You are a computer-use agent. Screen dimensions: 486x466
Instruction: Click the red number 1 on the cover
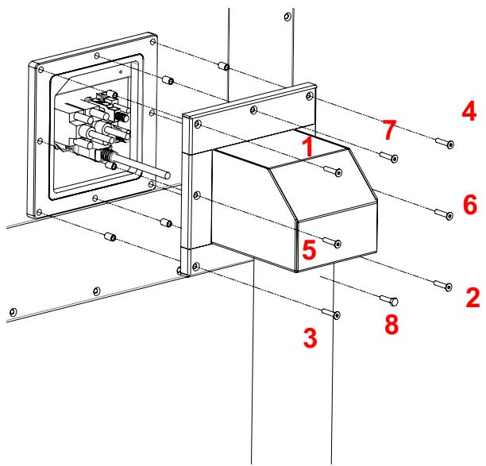click(308, 146)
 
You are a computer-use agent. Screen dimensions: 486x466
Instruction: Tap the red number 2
click(473, 298)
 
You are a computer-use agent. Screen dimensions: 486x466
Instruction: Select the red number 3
click(310, 337)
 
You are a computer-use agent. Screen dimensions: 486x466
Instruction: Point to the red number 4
click(469, 111)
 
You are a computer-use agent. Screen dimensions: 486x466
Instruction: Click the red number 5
click(309, 249)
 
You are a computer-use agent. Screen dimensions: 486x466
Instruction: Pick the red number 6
click(470, 205)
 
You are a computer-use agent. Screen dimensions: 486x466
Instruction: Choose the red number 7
click(389, 130)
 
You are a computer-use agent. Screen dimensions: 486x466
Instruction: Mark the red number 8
click(391, 325)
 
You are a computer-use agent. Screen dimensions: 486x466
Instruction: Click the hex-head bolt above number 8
click(389, 300)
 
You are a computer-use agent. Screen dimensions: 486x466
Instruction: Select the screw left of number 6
click(444, 214)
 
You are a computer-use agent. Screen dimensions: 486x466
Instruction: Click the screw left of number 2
click(443, 285)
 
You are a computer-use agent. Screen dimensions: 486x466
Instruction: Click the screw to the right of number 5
click(332, 241)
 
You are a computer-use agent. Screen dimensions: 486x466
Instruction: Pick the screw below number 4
click(445, 143)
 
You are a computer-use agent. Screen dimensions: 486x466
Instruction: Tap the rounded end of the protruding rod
click(167, 175)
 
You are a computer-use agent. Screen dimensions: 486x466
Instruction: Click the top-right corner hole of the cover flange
click(309, 96)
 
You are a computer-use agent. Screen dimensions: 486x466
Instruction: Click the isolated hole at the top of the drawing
click(287, 17)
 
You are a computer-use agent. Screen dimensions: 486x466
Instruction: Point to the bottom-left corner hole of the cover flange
click(196, 266)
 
